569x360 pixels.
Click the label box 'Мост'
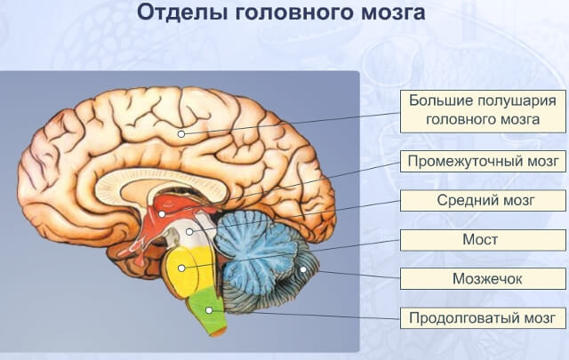pyautogui.click(x=480, y=240)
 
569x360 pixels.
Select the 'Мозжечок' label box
pyautogui.click(x=480, y=278)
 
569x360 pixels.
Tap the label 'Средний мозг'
pyautogui.click(x=480, y=200)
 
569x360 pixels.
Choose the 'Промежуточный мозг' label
pyautogui.click(x=480, y=162)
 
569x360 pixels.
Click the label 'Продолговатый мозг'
pyautogui.click(x=480, y=317)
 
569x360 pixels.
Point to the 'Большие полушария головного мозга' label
pyautogui.click(x=480, y=109)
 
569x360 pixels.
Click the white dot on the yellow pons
pyautogui.click(x=181, y=266)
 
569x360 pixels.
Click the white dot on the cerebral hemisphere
pyautogui.click(x=180, y=134)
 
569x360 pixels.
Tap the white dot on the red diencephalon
pyautogui.click(x=162, y=214)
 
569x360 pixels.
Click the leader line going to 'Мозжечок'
pyautogui.click(x=356, y=275)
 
